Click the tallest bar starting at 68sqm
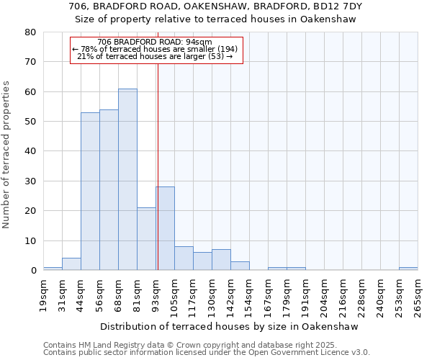(x=127, y=180)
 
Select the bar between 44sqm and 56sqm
(x=90, y=192)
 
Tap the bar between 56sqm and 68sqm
(x=109, y=190)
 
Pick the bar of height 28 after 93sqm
(x=165, y=229)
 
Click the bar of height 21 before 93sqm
(x=146, y=239)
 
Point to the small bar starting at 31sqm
(x=71, y=264)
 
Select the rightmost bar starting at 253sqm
(x=408, y=269)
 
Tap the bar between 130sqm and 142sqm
(x=221, y=260)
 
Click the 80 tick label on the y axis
(x=30, y=32)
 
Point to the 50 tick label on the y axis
(x=30, y=122)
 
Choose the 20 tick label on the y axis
(x=30, y=211)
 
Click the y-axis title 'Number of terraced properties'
(x=6, y=155)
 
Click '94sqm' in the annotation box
(x=199, y=42)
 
